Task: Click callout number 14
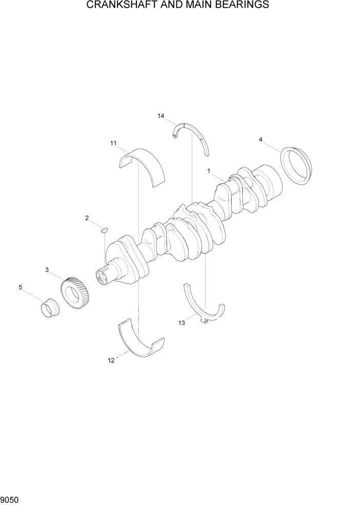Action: [x=161, y=116]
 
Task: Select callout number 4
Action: [x=261, y=139]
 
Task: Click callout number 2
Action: [x=87, y=218]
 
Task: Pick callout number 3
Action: [x=47, y=269]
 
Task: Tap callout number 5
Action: [x=21, y=287]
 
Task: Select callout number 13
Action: [x=181, y=323]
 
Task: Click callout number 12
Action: [x=111, y=360]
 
